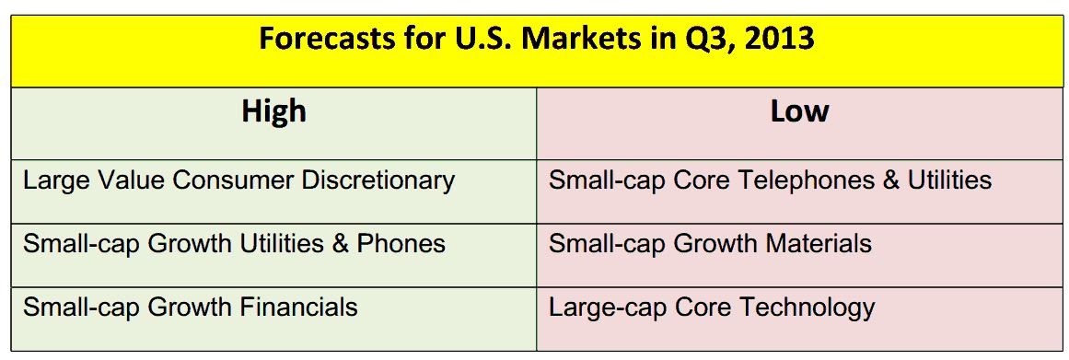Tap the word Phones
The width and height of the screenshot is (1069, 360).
point(401,243)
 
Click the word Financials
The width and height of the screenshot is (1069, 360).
point(298,307)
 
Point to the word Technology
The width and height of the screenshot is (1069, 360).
point(808,307)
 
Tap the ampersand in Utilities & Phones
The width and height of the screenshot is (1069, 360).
point(340,244)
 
